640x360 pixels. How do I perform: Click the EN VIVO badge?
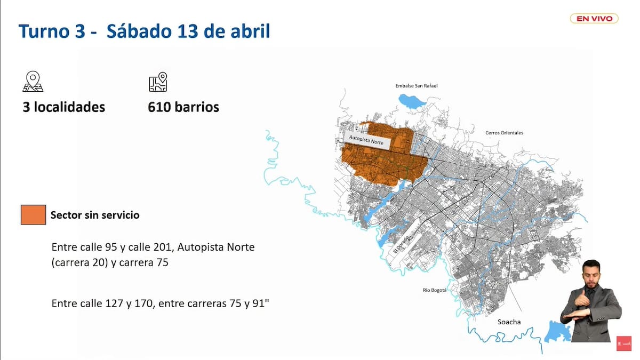594,19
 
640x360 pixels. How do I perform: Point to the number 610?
159,107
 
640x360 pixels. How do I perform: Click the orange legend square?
33,215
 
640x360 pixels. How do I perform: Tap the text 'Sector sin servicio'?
95,215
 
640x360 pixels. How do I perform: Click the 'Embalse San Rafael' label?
416,85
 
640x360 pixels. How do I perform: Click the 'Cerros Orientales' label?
504,133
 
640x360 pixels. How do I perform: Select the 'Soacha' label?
509,322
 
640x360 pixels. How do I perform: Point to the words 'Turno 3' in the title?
51,31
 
